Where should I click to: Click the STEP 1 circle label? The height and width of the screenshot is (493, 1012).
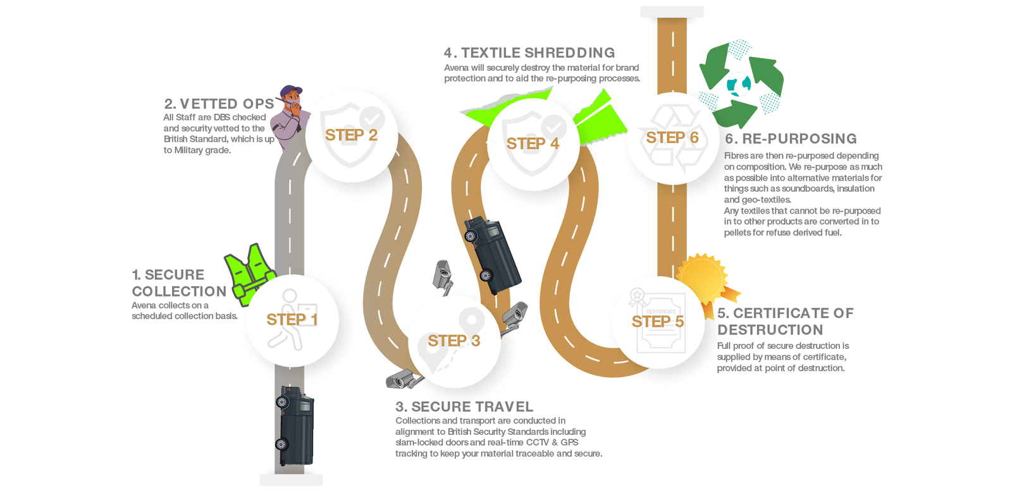tap(292, 320)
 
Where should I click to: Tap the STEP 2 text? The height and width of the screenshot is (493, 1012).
tap(351, 135)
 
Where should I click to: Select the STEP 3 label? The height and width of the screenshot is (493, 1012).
tap(454, 341)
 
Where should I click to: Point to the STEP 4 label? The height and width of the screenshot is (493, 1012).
tap(533, 143)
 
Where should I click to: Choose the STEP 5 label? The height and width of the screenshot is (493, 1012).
tap(657, 322)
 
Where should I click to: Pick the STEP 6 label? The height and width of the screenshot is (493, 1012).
tap(672, 138)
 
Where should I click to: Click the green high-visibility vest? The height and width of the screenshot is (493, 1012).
tap(250, 274)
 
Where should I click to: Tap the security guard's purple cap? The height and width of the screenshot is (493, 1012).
tap(290, 91)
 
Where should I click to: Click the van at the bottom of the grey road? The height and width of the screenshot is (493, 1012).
tap(295, 425)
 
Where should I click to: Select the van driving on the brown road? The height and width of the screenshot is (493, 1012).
tap(492, 254)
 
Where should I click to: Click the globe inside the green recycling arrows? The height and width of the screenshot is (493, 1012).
tap(739, 85)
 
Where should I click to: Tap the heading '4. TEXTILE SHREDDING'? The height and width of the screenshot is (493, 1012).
tap(529, 53)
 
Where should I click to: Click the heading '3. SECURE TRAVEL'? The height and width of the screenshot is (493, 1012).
tap(464, 407)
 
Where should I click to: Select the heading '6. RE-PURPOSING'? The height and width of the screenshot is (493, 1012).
tap(791, 138)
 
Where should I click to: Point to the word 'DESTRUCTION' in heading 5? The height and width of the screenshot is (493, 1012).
tap(770, 330)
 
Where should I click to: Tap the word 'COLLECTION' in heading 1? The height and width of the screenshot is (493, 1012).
tap(179, 291)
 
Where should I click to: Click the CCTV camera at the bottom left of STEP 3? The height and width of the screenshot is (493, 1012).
tap(405, 379)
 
